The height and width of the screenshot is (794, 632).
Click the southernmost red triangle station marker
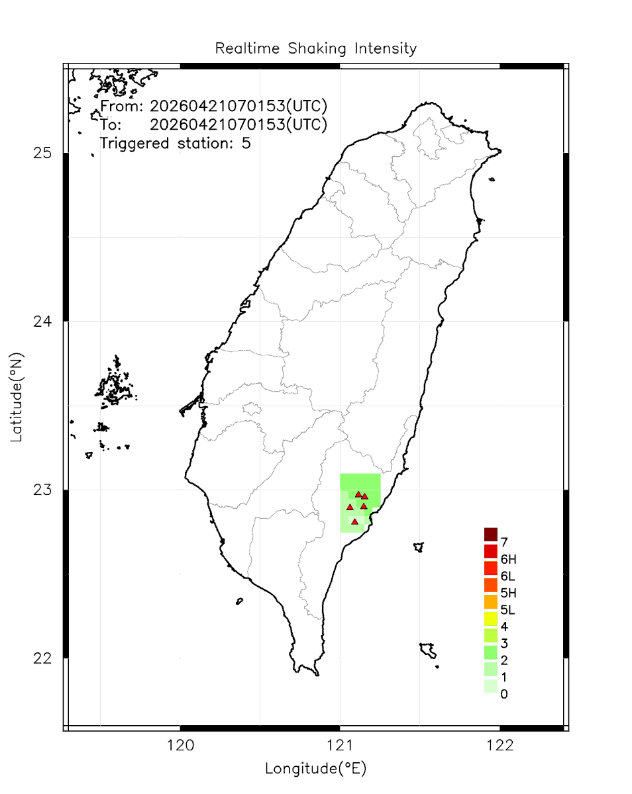[355, 521]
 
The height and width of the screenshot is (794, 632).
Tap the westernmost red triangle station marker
[350, 507]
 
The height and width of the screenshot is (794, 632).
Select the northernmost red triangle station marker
[358, 494]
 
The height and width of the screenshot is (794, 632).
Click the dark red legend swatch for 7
[490, 534]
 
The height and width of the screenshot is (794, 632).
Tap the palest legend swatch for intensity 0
[490, 687]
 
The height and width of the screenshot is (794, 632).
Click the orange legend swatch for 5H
[490, 585]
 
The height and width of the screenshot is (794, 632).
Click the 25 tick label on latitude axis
[42, 154]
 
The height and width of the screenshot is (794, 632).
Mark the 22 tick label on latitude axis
[42, 658]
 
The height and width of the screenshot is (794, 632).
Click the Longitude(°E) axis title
[315, 769]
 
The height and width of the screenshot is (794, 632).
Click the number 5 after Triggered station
[246, 143]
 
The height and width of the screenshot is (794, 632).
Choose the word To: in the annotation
[111, 124]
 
